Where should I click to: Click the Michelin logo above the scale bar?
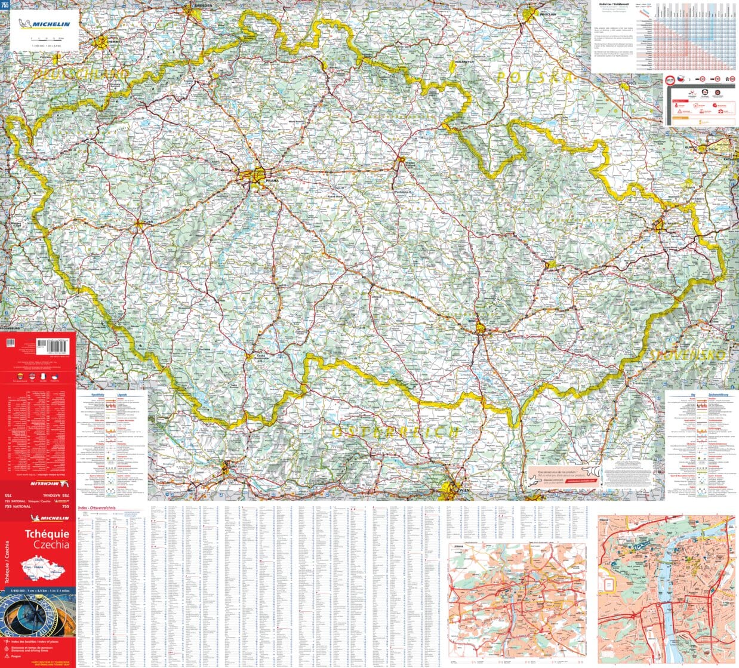point(44,24)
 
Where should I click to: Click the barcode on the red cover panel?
point(53,344)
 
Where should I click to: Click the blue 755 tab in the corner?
point(5,5)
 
